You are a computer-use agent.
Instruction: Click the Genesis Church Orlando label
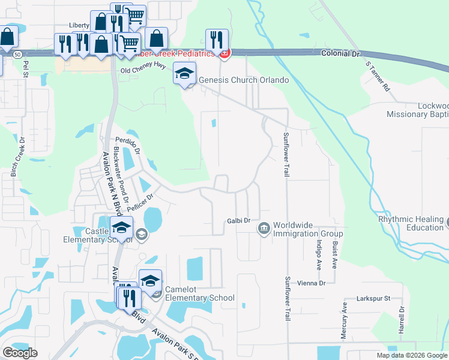coord(244,80)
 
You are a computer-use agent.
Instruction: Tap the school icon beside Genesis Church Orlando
coord(185,74)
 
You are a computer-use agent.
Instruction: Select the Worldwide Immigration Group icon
coord(264,229)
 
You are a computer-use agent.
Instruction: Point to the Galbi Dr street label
coord(238,221)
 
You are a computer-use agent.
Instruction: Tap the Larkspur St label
coord(373,298)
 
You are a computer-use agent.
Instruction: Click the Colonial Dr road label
coord(339,53)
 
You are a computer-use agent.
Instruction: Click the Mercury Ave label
coord(345,320)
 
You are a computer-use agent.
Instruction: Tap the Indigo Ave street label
coord(319,254)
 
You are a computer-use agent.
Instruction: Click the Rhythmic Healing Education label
coord(411,223)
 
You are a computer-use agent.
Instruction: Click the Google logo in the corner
coord(20,353)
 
